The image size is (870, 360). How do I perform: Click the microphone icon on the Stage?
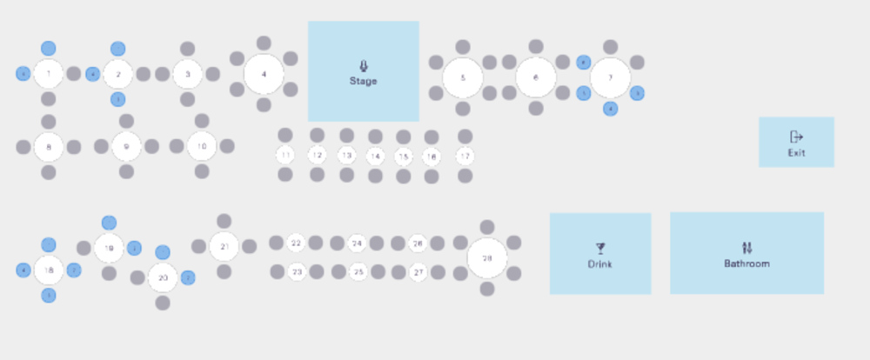coord(363,65)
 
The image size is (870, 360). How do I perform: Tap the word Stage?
coord(363,81)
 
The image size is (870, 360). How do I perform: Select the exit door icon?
coord(796,137)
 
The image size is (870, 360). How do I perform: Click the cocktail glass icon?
coord(600,249)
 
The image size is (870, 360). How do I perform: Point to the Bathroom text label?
coord(746,263)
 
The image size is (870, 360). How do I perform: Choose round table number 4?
coord(264,74)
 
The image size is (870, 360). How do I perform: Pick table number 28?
coord(487,258)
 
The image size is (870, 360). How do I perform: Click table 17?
coord(465,156)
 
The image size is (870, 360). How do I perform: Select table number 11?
coord(285,155)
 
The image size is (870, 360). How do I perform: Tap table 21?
coord(224,247)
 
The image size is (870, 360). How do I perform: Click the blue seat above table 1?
coord(49,50)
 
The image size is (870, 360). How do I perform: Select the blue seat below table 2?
coord(117,99)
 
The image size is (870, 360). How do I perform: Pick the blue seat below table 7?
coord(611,109)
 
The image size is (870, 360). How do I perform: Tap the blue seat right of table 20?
coord(188,277)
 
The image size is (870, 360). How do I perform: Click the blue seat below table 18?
coord(49,296)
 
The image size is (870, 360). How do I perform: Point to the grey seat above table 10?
coord(202,120)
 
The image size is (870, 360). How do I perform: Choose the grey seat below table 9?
coord(126,171)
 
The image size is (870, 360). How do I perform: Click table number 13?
coord(346,156)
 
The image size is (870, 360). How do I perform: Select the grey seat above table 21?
coord(224,221)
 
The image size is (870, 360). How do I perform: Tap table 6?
coord(536,77)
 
